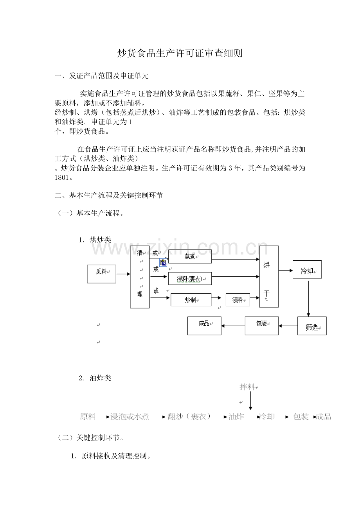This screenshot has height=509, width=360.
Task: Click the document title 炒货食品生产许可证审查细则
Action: pos(180,54)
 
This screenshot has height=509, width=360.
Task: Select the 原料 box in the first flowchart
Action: pos(101,274)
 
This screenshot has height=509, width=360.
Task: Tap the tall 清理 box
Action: pos(140,277)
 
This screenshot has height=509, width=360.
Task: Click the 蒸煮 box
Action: pos(190,256)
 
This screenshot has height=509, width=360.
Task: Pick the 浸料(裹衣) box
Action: pos(190,278)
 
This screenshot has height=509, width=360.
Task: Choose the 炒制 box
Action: pos(191,300)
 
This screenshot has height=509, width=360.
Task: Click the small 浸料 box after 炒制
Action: pos(238,300)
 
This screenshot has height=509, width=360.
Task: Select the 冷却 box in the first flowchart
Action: pos(307,269)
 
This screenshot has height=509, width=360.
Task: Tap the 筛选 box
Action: pos(312,326)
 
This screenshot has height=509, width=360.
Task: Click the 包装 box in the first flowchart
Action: pos(262,326)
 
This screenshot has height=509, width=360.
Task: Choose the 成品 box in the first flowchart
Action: pos(204,326)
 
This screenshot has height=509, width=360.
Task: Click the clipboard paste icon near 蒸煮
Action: pos(163,263)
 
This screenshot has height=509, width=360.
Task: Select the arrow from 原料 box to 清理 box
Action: pos(123,274)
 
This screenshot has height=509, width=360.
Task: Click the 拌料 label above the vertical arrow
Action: pos(248,387)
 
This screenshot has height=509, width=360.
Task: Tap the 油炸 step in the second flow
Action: pos(236,417)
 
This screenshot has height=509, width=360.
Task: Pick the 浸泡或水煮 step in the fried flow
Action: pos(130,417)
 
